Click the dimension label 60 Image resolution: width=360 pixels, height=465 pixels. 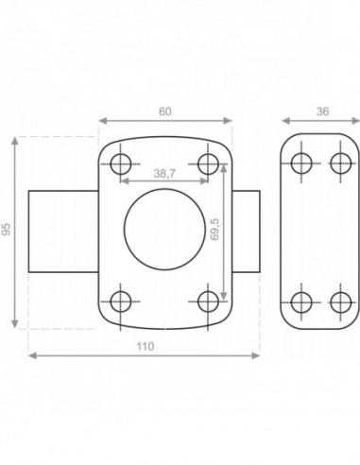pos(165,112)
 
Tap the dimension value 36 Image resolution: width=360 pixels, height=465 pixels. pos(322,112)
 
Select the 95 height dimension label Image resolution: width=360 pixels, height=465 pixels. pos(7,229)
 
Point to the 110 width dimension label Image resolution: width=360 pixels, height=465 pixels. pos(146,347)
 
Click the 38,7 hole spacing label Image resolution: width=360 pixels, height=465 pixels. pos(164,173)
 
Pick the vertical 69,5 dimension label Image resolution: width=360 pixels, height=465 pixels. pos(214,229)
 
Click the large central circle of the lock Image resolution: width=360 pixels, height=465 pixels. pos(124,230)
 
